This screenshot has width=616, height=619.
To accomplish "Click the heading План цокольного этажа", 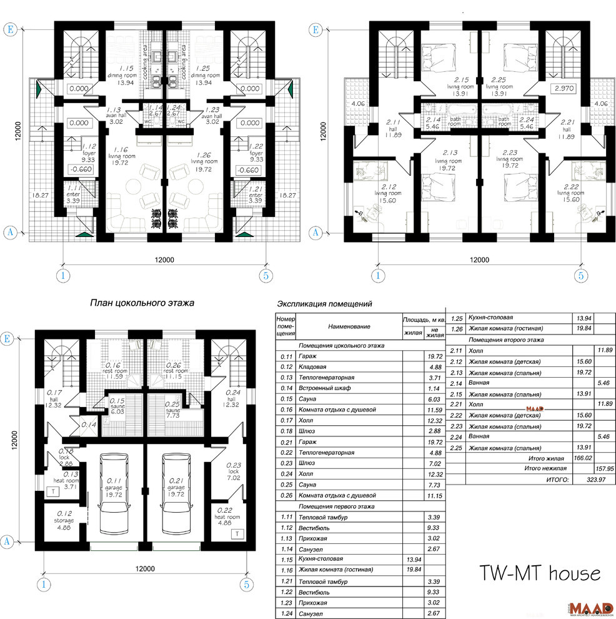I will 142,303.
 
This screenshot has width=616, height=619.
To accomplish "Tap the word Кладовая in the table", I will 314,367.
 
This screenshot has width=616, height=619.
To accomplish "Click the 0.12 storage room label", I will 63,520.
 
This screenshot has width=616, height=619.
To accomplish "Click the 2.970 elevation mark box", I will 564,89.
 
